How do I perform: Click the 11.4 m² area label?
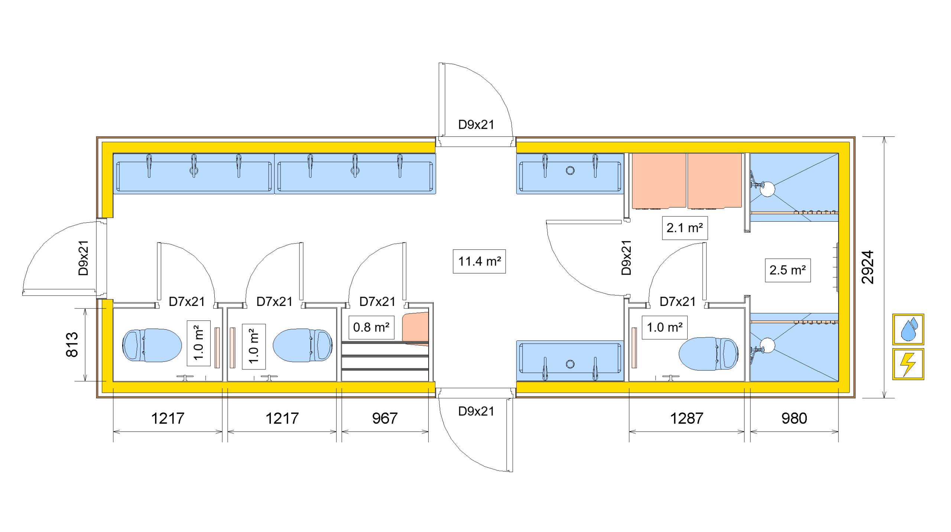tap(479, 261)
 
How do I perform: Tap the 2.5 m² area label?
tap(787, 270)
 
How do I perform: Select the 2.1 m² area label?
tap(684, 228)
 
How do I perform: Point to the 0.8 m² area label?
tap(371, 327)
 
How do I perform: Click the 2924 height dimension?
tap(868, 267)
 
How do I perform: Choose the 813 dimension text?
tap(72, 345)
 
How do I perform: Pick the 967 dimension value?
tap(385, 418)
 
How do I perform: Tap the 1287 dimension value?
tap(687, 418)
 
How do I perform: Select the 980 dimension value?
tap(794, 418)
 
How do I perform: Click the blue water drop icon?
tap(908, 329)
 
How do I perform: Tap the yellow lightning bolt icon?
tap(908, 364)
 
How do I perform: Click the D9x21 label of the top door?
tap(476, 125)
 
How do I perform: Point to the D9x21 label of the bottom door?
tap(476, 411)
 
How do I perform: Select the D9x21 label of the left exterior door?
tap(84, 258)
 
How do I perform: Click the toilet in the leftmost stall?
tap(152, 345)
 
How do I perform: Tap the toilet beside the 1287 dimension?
tap(708, 354)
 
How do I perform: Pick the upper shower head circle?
tap(767, 189)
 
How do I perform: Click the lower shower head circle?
tap(767, 345)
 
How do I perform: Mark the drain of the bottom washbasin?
tap(570, 364)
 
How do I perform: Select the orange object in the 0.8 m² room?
tap(416, 329)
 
